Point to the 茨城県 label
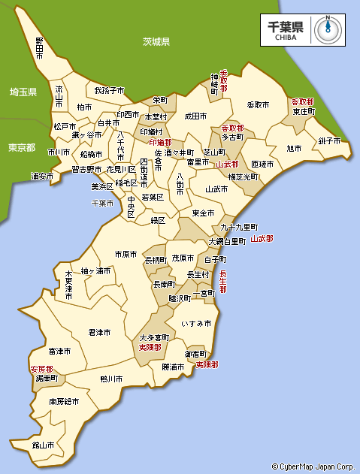coord(156,42)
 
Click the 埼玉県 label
coord(23,92)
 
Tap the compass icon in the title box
coord(328,29)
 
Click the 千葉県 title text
coord(286,26)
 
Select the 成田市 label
coord(195,116)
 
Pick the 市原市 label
coord(126,255)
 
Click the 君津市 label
coord(99,331)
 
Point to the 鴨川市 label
coord(111,379)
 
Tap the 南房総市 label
coord(64,402)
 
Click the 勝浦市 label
coord(173,367)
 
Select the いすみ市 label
coord(196,323)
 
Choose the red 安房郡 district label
coord(41,370)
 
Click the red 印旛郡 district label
coord(160,142)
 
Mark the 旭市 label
coord(294,148)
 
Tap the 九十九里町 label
coord(239,227)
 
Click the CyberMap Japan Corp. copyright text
coord(313,466)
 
